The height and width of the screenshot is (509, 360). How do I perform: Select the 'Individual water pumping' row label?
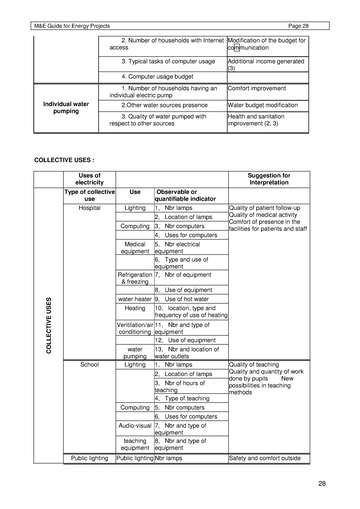[67, 107]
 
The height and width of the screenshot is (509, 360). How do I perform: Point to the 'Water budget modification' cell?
[267, 104]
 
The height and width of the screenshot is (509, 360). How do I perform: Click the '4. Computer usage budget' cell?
[156, 76]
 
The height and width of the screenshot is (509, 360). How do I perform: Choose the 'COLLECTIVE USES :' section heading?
[67, 159]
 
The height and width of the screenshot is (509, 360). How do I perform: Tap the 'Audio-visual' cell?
[135, 424]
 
